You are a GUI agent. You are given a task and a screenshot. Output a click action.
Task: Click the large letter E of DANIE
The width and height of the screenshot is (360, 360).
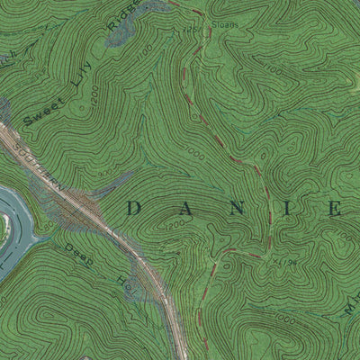point(333,209)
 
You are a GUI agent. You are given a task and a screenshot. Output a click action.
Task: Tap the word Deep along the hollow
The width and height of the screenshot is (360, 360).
point(76,249)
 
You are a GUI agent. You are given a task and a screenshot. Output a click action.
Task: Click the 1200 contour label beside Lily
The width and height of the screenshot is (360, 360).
point(86,105)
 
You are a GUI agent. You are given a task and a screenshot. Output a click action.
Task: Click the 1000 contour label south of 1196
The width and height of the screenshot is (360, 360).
point(286,318)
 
